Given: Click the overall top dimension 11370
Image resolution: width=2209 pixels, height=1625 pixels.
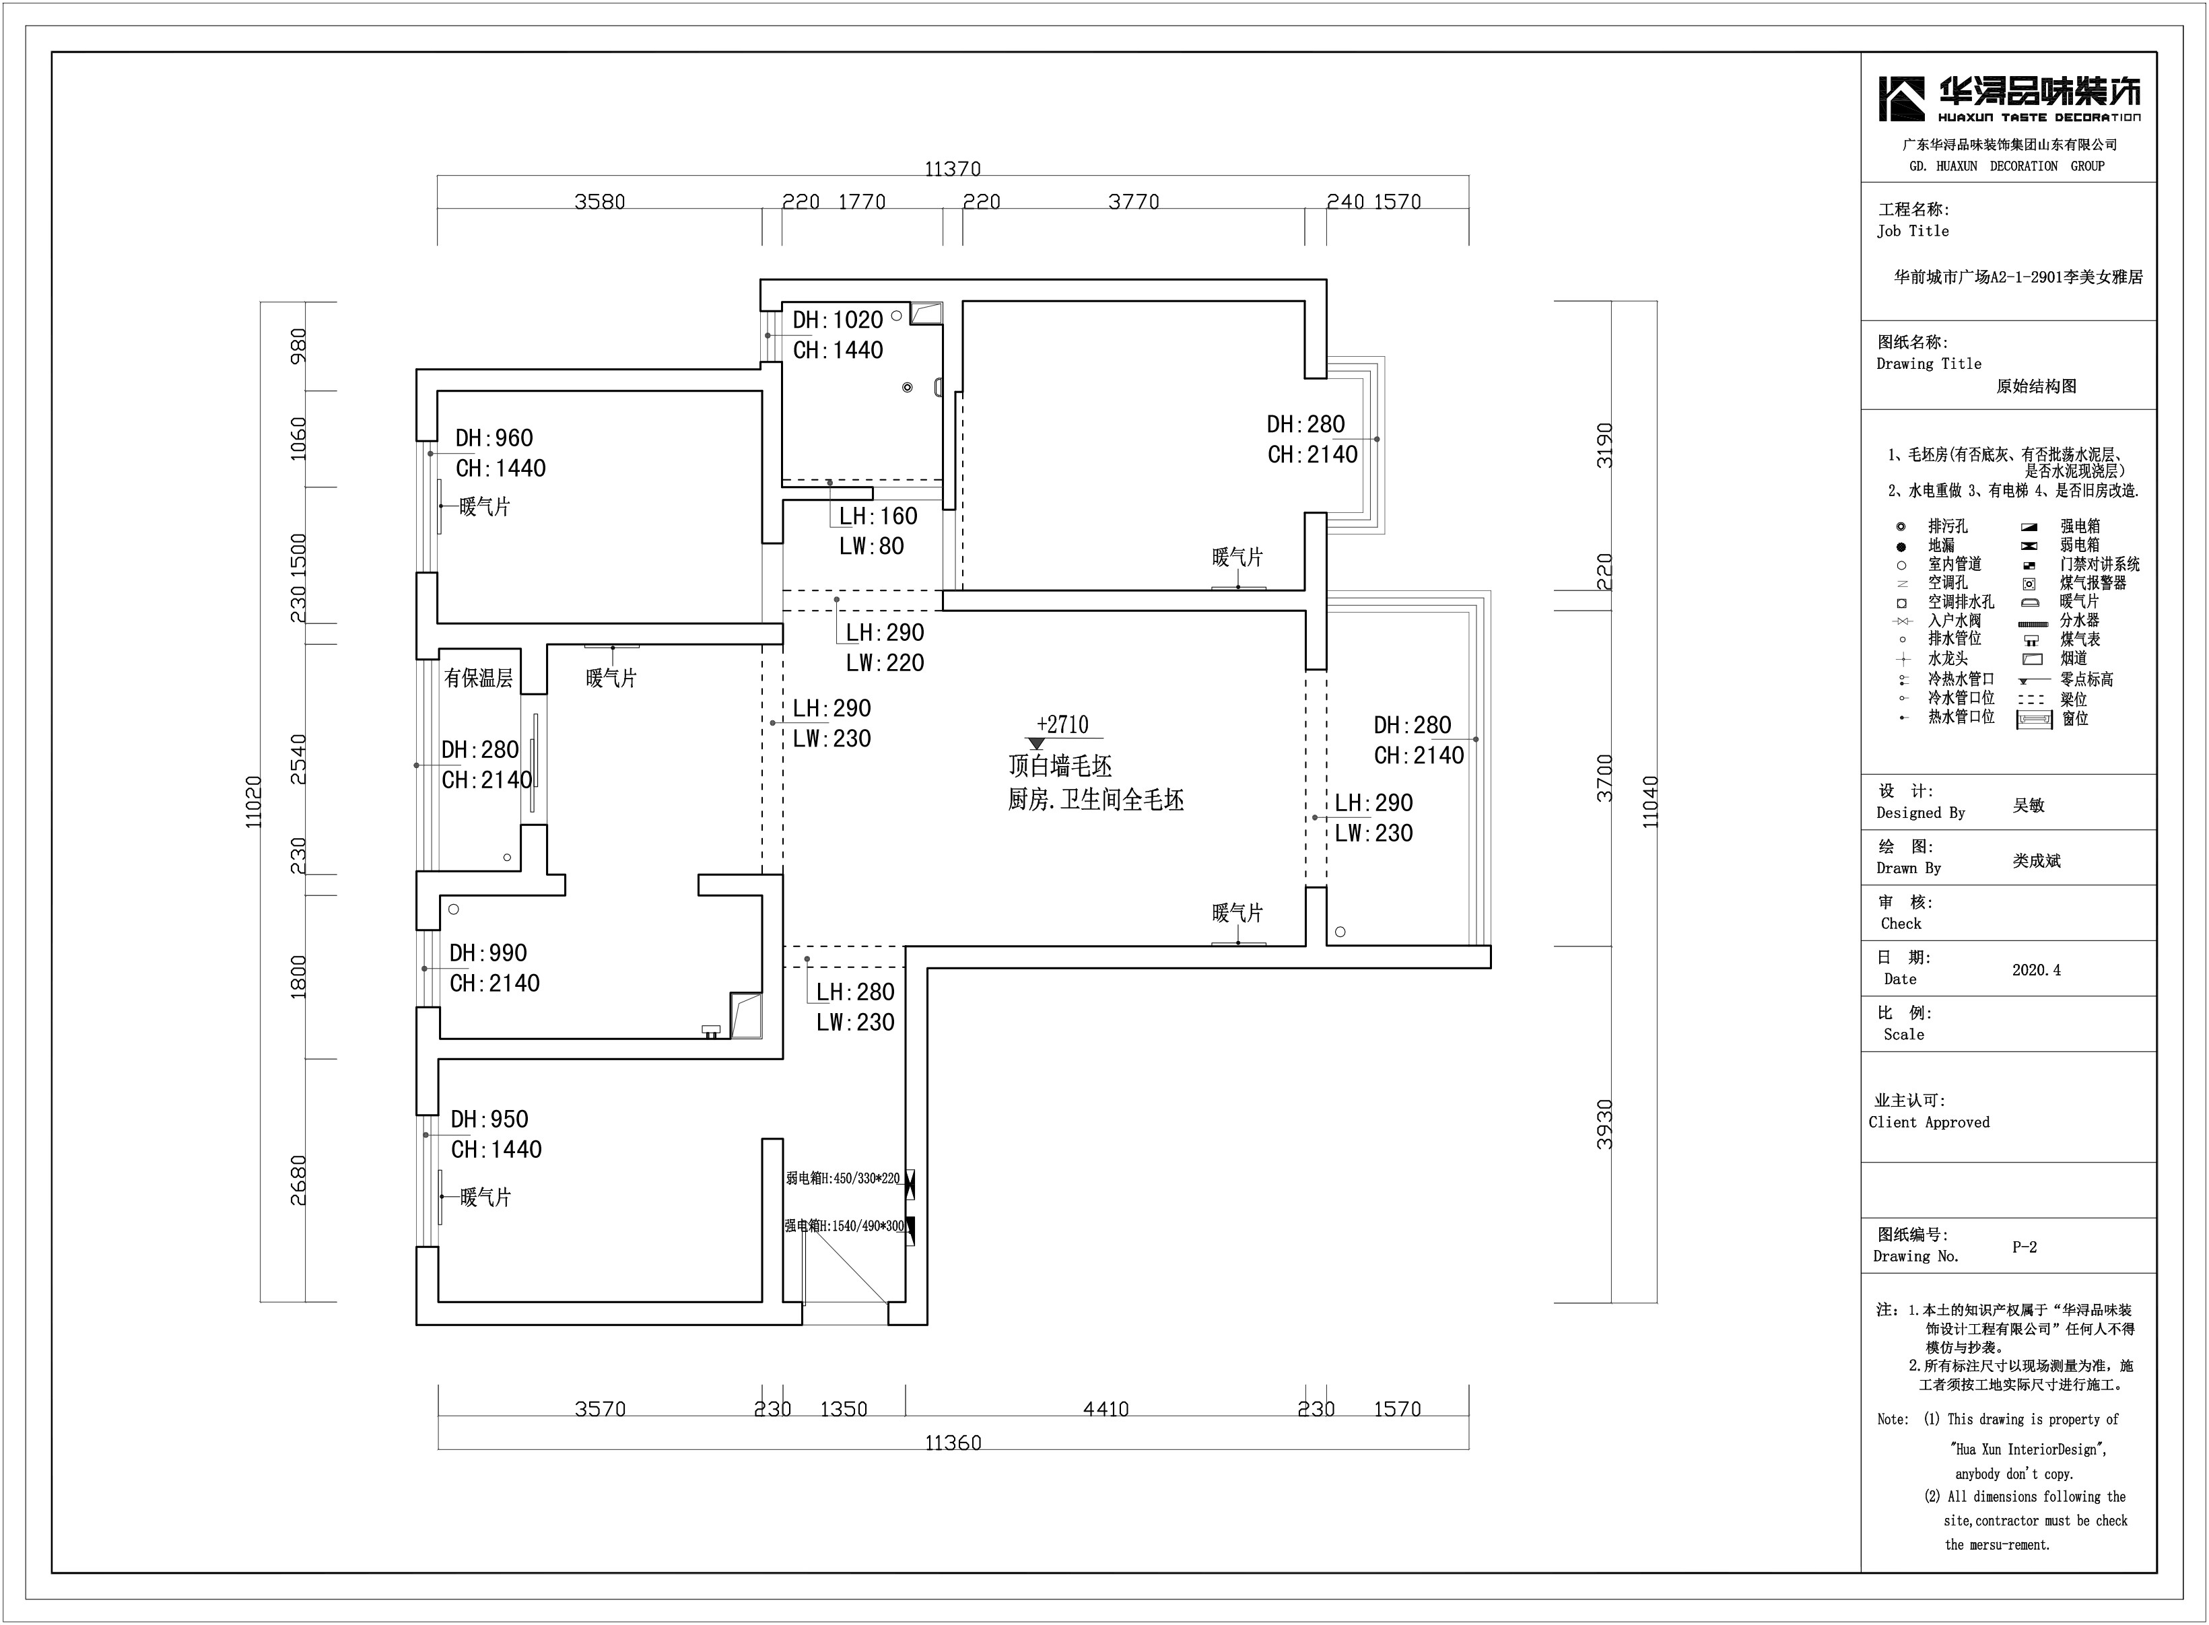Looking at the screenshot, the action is [952, 169].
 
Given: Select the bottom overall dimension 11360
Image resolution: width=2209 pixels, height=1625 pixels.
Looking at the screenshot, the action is [952, 1443].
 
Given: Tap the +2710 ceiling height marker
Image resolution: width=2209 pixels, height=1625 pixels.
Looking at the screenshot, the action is [1062, 725].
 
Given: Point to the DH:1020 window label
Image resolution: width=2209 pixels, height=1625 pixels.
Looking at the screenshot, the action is [838, 320].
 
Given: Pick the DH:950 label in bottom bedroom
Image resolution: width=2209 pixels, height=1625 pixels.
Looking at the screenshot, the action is [489, 1119].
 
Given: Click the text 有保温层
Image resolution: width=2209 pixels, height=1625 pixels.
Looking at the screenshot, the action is [478, 678].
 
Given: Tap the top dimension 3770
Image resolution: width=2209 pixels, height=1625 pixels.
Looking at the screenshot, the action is [1133, 202].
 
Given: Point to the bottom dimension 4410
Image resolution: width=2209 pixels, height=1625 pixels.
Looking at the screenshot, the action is [1106, 1410].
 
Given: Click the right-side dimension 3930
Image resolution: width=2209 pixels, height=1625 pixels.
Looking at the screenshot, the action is [1605, 1124].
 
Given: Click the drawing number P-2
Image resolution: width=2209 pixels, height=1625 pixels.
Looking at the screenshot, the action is [2024, 1247].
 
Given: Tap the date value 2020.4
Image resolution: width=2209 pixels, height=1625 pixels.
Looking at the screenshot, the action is [2036, 970].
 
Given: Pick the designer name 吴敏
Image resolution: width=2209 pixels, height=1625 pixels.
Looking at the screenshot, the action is [2028, 804].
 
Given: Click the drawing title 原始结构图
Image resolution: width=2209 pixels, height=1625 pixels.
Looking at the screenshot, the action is [2036, 386].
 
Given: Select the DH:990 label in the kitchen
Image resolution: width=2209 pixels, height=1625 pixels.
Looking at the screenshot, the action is [488, 953].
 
